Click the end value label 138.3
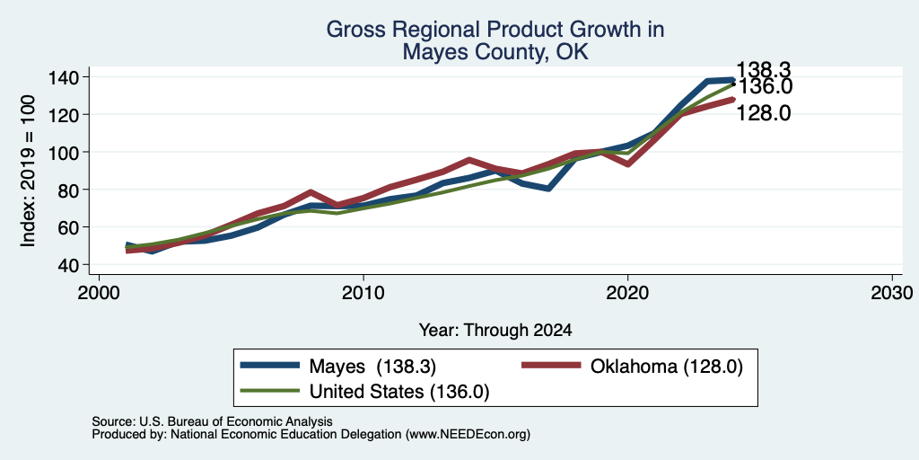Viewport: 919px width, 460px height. coord(763,70)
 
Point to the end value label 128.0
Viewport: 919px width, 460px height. coord(763,112)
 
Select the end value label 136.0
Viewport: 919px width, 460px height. coord(765,87)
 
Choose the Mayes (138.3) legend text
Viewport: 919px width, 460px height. coord(372,367)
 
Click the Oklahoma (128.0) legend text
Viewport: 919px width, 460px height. coord(667,367)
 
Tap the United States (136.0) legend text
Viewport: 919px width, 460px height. coord(399,392)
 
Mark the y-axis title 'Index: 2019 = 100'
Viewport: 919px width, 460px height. coord(28,171)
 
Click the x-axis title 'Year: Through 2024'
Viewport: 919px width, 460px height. coord(495,331)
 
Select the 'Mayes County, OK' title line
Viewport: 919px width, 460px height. coord(495,53)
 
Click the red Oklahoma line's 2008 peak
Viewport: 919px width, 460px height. coord(311,192)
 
